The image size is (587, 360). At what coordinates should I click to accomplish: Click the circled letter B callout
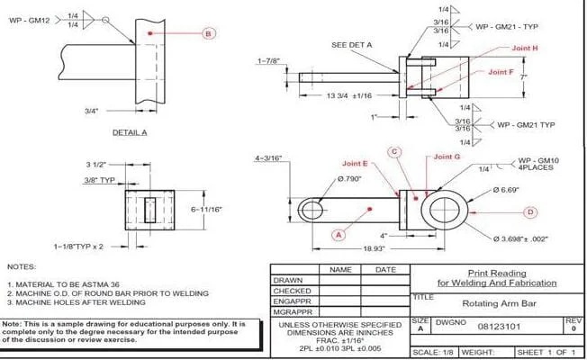click(208, 33)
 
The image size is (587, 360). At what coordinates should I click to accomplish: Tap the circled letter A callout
click(339, 235)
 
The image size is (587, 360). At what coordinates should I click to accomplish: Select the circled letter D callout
click(530, 211)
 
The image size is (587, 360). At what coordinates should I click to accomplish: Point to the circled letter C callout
click(393, 152)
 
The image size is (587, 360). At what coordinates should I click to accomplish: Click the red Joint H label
click(523, 48)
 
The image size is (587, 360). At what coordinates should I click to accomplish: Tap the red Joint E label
click(355, 164)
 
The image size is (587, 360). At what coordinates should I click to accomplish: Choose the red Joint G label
click(447, 157)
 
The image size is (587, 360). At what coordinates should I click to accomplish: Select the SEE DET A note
click(352, 44)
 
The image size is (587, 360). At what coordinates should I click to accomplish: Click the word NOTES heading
click(22, 267)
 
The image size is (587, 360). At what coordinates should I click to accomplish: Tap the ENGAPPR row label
click(293, 301)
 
